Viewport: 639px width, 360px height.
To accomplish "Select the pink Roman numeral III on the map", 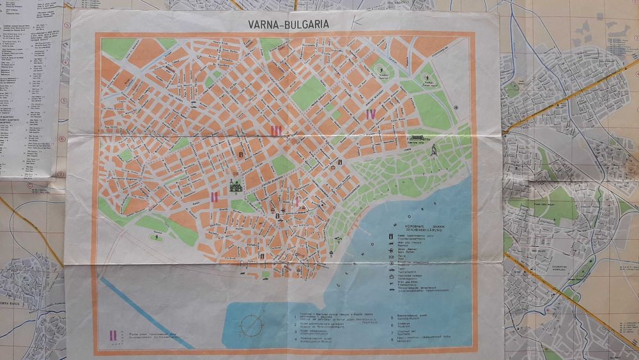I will click(276, 131).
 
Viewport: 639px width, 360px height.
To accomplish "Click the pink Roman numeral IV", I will click(370, 114).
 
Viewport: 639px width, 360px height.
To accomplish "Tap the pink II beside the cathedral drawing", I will click(215, 196).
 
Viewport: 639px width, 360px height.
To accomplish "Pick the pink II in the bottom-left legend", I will click(112, 334).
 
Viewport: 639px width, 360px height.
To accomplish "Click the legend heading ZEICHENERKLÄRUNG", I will click(415, 231).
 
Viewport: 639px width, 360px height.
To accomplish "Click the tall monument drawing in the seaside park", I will click(433, 151).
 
